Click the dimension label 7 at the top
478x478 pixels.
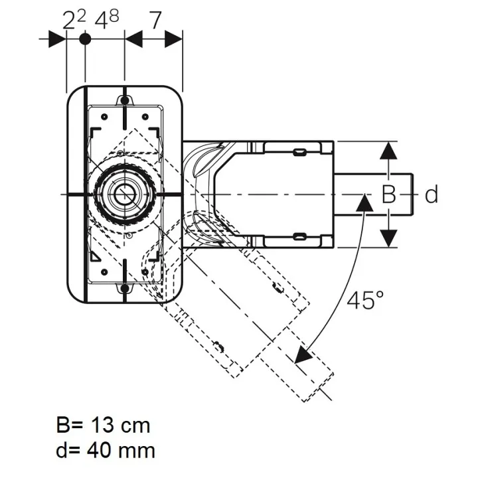155,21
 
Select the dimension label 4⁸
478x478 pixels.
107,20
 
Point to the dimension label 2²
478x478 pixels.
74,20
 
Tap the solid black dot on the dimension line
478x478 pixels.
85,39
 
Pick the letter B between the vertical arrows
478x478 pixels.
388,194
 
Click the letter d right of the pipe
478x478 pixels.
432,194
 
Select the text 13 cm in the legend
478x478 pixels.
121,425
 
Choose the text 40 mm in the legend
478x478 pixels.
121,450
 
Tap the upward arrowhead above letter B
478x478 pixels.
388,151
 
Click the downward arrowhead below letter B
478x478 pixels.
388,238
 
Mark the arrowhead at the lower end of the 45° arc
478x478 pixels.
303,355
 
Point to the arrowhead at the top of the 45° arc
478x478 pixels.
364,202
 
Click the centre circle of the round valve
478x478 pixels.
124,194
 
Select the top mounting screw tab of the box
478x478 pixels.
124,100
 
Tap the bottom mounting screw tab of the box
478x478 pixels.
124,288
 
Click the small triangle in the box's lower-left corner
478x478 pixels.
95,256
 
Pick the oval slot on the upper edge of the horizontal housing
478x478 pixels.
299,152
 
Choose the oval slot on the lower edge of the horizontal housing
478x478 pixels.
299,236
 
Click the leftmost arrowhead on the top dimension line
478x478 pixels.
57,39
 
